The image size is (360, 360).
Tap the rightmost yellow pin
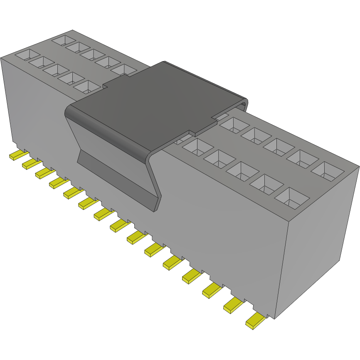tap(255, 321)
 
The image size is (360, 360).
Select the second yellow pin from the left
tap(30, 164)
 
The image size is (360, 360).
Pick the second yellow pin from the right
tap(234, 306)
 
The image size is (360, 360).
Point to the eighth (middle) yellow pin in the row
tap(120, 225)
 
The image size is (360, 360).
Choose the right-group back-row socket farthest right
tap(328, 171)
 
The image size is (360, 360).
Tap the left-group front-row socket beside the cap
tap(88, 86)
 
